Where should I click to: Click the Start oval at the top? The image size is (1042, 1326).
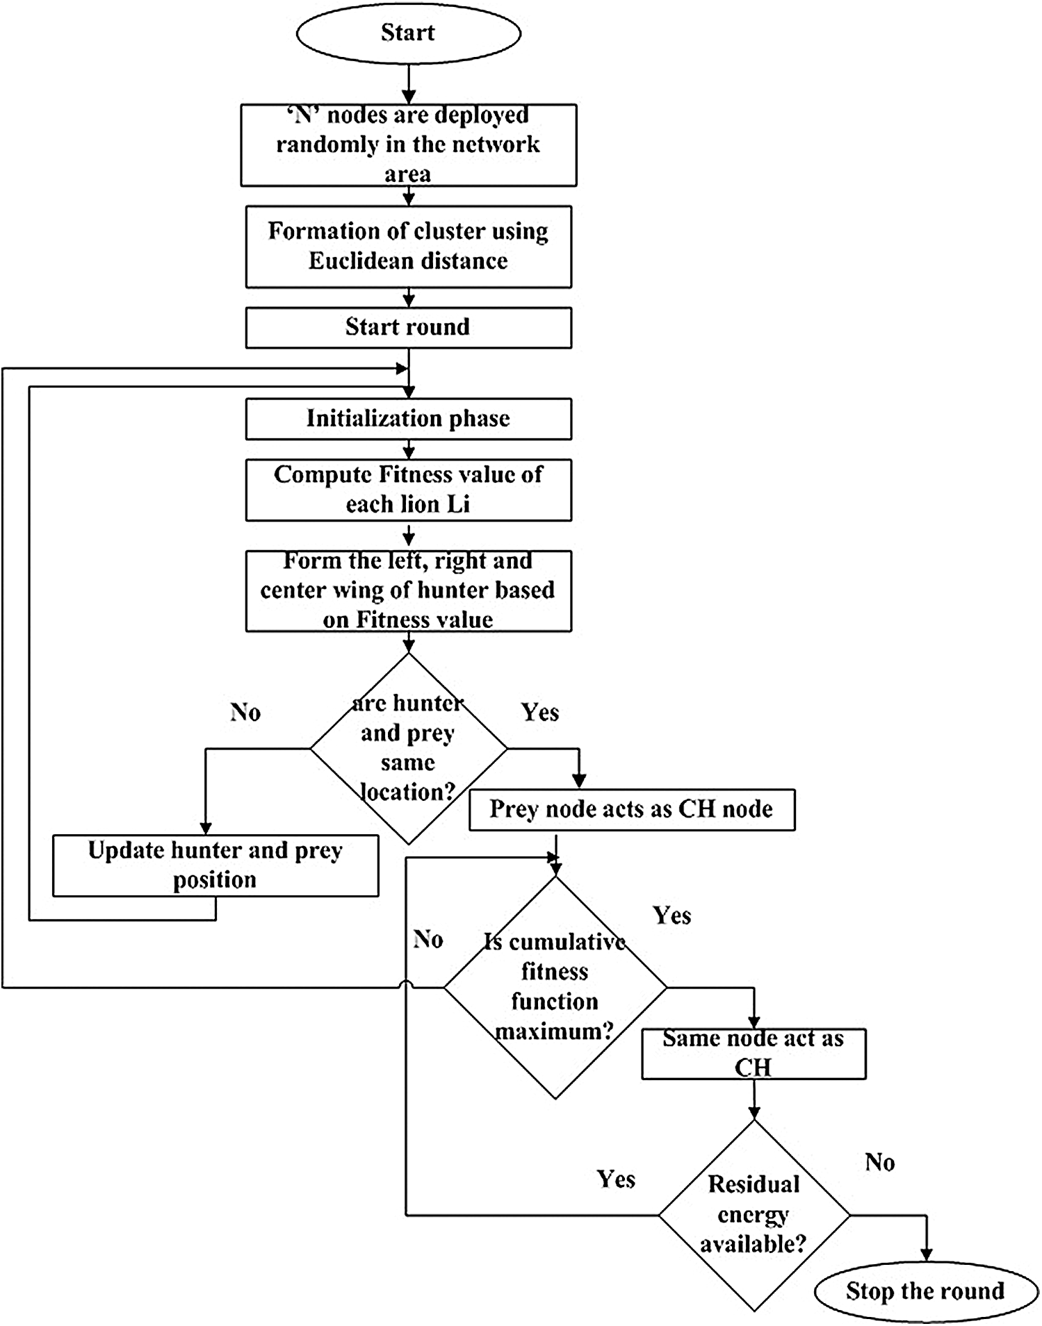409,33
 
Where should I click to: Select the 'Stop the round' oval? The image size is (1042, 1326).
925,1291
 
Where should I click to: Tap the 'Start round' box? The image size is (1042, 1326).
409,328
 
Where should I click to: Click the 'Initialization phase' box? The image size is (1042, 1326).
409,419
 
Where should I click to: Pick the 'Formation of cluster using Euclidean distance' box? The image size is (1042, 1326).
409,247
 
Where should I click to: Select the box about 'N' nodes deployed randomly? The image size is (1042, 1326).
409,145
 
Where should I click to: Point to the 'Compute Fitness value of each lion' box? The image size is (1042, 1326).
409,490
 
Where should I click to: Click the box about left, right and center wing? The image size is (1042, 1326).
409,591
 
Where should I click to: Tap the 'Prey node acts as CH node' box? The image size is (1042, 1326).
632,809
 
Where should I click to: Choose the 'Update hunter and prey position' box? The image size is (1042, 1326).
215,865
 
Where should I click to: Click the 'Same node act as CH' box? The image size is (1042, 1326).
754,1054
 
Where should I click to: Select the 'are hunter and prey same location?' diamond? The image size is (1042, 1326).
409,749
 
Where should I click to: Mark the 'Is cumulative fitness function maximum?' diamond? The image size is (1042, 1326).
555,987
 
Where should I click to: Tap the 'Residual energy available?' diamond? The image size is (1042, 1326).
754,1216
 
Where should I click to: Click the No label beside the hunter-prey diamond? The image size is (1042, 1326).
245,713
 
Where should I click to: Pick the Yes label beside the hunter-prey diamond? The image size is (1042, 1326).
540,713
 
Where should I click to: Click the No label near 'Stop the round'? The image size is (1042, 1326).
880,1162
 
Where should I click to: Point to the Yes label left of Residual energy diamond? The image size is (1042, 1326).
616,1179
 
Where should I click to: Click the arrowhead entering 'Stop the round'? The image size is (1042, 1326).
926,1254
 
